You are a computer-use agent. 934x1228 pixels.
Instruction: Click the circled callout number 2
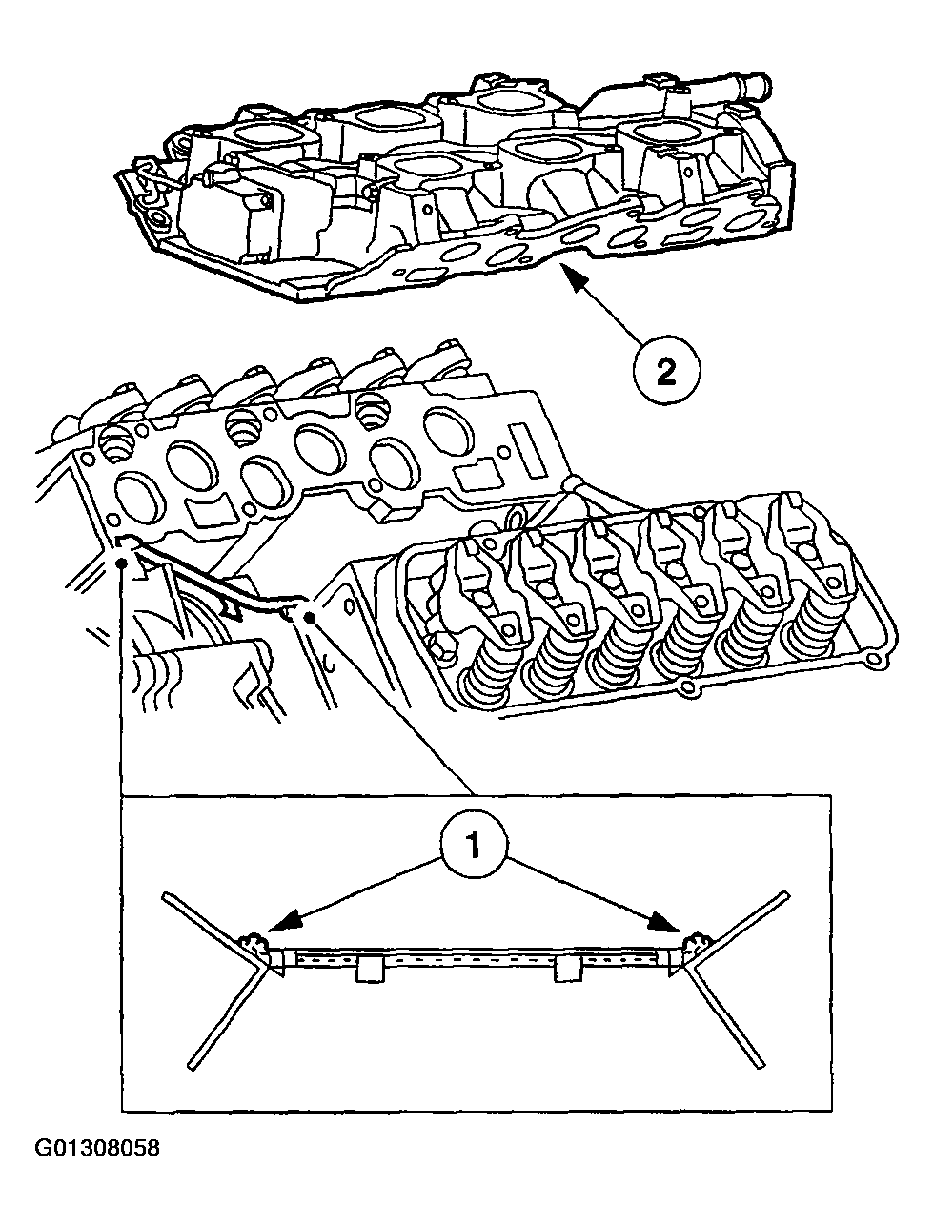click(665, 369)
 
